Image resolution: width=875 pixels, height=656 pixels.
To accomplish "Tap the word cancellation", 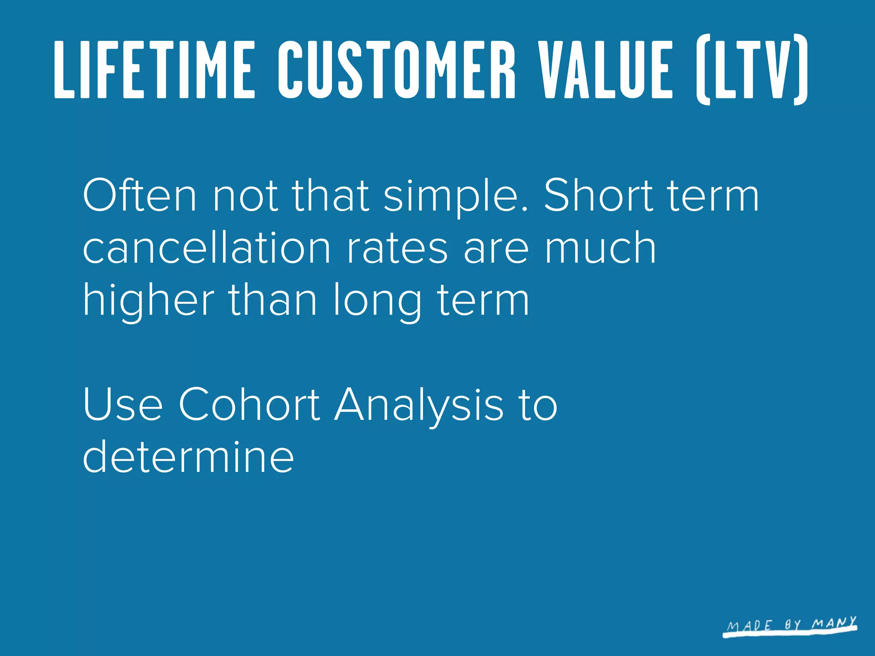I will [x=207, y=248].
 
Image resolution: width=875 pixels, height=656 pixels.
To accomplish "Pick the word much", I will [x=600, y=248].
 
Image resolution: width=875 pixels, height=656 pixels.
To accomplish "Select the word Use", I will [x=123, y=404].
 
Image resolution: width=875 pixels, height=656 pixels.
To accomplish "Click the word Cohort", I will [x=249, y=404].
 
